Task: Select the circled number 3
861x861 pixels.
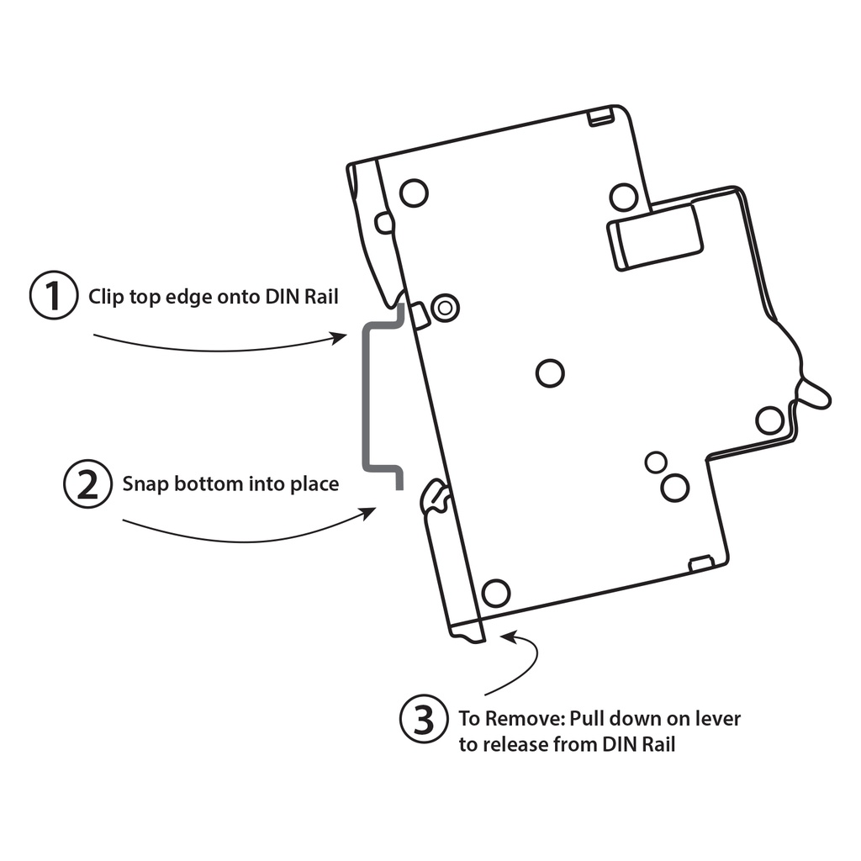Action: click(424, 720)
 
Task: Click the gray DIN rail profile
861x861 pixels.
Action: click(366, 395)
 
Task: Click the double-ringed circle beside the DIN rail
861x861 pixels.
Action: click(445, 309)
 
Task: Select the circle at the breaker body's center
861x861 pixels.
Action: click(550, 372)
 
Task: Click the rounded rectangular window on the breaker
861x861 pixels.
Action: click(657, 237)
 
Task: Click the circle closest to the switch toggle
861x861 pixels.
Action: click(769, 420)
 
